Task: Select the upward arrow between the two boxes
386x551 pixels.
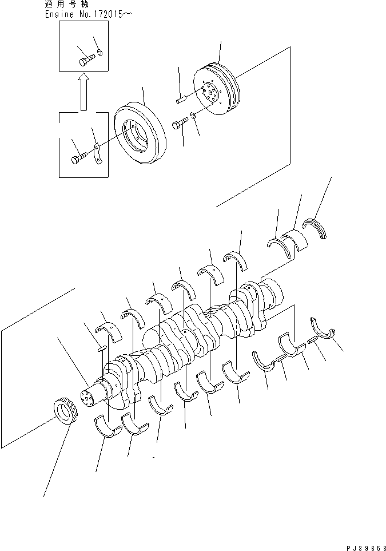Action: point(83,91)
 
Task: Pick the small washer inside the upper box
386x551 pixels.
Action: point(100,54)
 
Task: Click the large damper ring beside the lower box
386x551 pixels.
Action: point(140,134)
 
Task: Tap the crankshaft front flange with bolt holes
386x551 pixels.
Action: point(90,398)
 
